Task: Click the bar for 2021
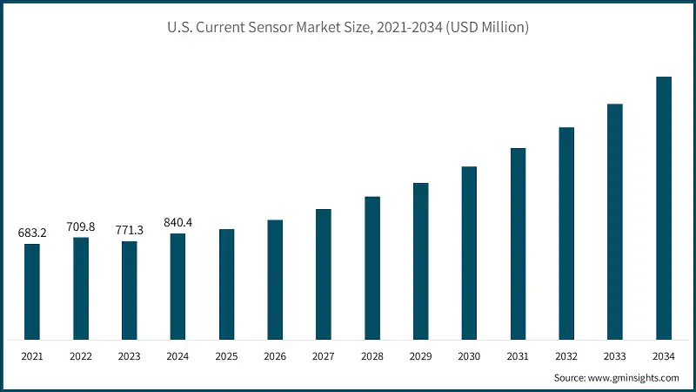coord(32,291)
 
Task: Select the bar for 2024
coord(177,286)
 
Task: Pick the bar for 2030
coord(469,253)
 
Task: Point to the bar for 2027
coord(324,274)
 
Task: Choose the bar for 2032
coord(566,233)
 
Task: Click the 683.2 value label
coord(32,233)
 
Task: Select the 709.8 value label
coord(81,226)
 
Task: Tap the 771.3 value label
coord(129,231)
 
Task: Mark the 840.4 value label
coord(177,223)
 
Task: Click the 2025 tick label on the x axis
coord(226,355)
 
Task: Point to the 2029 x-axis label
coord(421,355)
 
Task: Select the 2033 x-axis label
coord(615,355)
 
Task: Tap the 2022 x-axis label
coord(81,355)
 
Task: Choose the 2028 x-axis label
coord(372,355)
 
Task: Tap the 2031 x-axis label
coord(518,355)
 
